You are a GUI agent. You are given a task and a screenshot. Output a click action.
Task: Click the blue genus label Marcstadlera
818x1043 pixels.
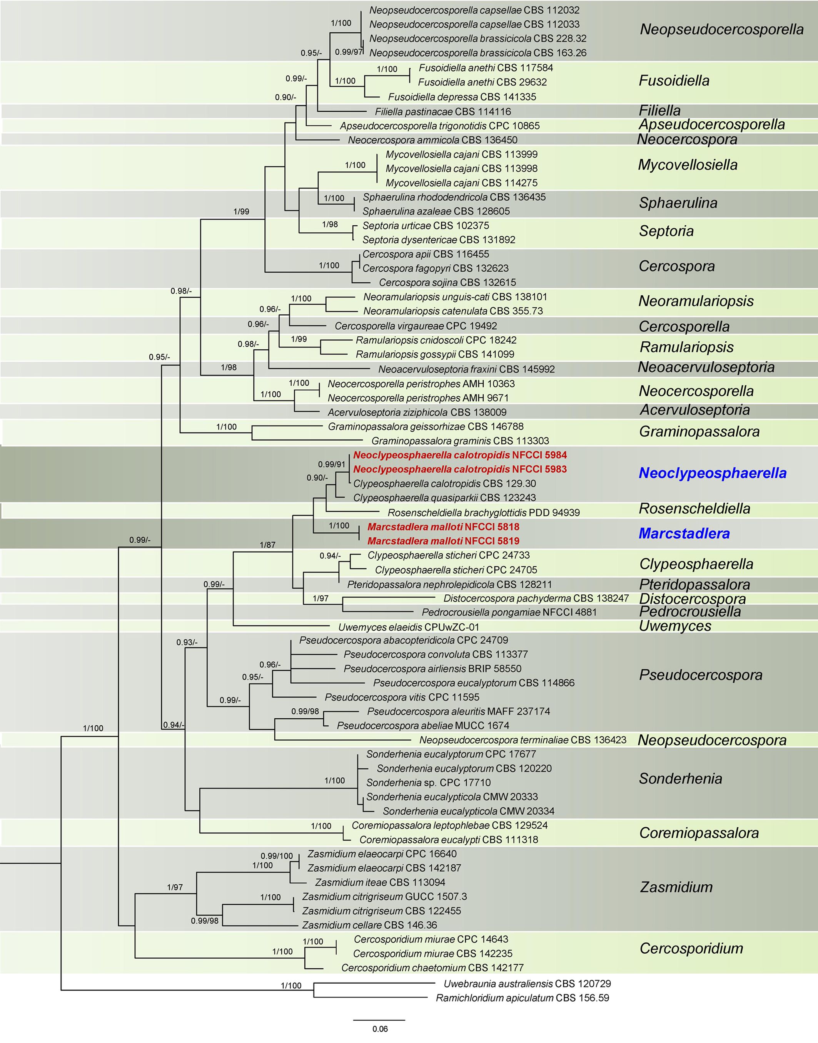(x=684, y=533)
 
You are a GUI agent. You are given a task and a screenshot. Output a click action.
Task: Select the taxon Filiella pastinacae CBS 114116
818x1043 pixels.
(x=443, y=112)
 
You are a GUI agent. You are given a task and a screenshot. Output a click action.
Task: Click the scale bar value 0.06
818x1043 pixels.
(x=380, y=1029)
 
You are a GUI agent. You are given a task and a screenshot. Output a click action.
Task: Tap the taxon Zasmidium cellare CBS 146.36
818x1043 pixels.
(x=369, y=925)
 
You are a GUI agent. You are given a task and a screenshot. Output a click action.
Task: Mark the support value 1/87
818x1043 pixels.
(x=268, y=545)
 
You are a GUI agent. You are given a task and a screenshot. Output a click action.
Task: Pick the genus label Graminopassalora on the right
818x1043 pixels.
(x=699, y=431)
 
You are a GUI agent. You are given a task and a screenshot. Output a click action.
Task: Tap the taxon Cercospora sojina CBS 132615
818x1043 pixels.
(x=447, y=282)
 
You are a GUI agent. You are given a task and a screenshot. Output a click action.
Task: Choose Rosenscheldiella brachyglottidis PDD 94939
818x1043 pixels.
(x=484, y=512)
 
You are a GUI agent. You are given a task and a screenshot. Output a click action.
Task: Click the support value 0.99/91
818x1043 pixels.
(x=331, y=464)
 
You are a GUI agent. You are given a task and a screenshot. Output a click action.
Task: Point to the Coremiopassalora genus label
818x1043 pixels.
(x=699, y=833)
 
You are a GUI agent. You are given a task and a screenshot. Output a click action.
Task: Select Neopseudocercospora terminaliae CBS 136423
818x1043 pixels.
(x=523, y=740)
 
